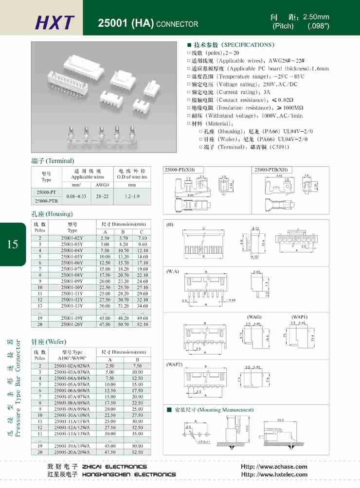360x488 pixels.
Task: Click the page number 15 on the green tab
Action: (x=13, y=244)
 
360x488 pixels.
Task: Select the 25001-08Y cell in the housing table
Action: (x=72, y=275)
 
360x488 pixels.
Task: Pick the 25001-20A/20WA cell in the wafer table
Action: (x=72, y=452)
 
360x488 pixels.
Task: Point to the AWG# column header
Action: (x=103, y=185)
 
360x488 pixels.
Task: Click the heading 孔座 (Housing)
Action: (x=52, y=214)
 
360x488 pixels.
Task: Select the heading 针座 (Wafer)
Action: (x=49, y=342)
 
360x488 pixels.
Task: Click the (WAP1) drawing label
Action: (x=300, y=317)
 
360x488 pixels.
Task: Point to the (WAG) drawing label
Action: (x=255, y=317)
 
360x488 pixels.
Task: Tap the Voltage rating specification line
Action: (x=246, y=84)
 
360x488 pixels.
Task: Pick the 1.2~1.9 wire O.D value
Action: (x=132, y=196)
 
